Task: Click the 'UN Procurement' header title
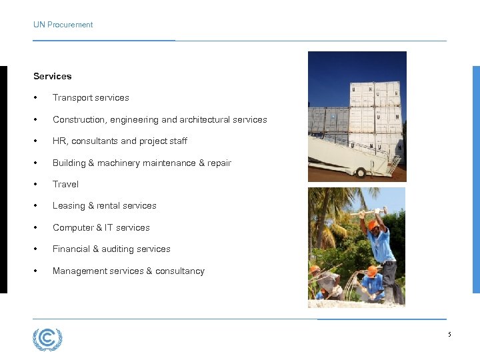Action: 63,25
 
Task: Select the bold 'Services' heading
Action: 52,76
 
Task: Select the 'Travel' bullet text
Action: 65,184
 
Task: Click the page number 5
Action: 449,334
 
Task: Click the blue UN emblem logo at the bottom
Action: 47,339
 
